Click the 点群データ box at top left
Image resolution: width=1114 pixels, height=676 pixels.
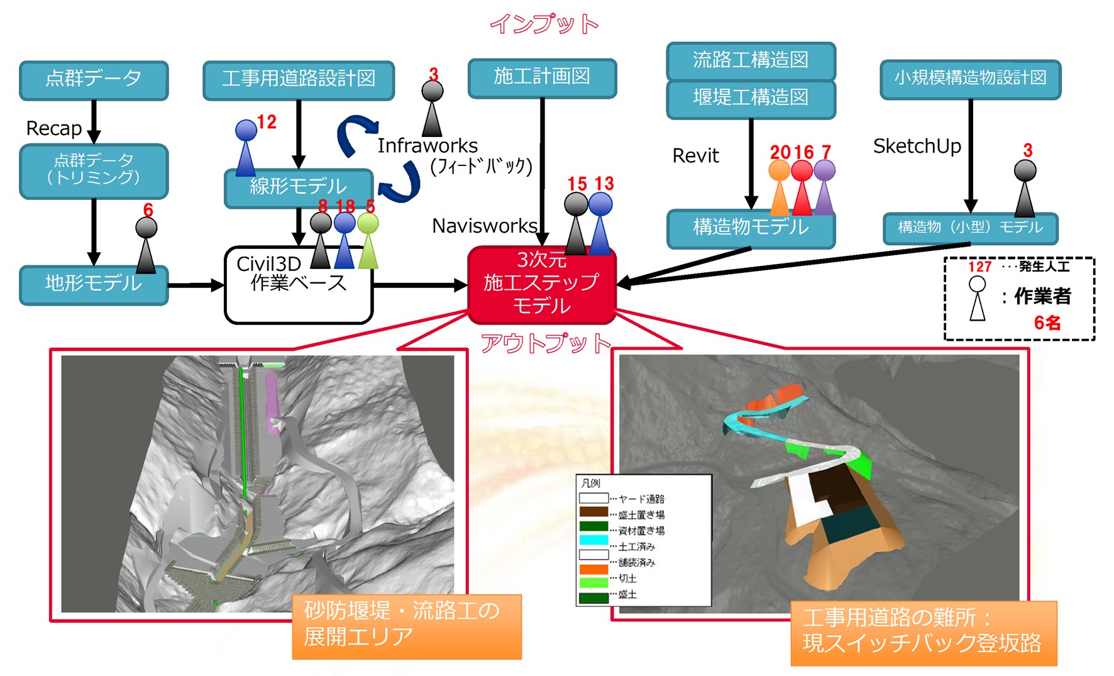(x=94, y=80)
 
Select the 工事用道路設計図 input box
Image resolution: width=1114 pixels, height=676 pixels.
(x=299, y=80)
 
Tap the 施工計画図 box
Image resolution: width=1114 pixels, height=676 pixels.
(x=542, y=78)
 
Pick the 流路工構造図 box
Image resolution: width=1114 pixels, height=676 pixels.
(x=751, y=60)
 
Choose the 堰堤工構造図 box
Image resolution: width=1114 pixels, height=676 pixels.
(x=751, y=98)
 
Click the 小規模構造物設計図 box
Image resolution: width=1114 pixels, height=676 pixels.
(x=970, y=79)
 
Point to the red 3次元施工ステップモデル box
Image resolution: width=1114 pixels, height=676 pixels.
(x=541, y=285)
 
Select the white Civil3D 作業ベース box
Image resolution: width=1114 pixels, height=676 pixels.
(x=299, y=286)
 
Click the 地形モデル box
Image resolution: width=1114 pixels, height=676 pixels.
(x=94, y=284)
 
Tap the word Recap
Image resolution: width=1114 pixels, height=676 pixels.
(x=54, y=129)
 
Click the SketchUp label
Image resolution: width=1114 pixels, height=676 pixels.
(x=917, y=147)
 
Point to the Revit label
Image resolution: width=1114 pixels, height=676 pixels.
(x=695, y=156)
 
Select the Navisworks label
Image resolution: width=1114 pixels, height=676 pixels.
(x=485, y=226)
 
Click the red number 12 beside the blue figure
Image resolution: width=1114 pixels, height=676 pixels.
(x=267, y=122)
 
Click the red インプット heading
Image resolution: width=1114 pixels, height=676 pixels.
(x=544, y=24)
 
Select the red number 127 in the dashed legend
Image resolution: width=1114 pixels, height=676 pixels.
(x=979, y=267)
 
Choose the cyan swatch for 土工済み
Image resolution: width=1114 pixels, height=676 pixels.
(x=593, y=540)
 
